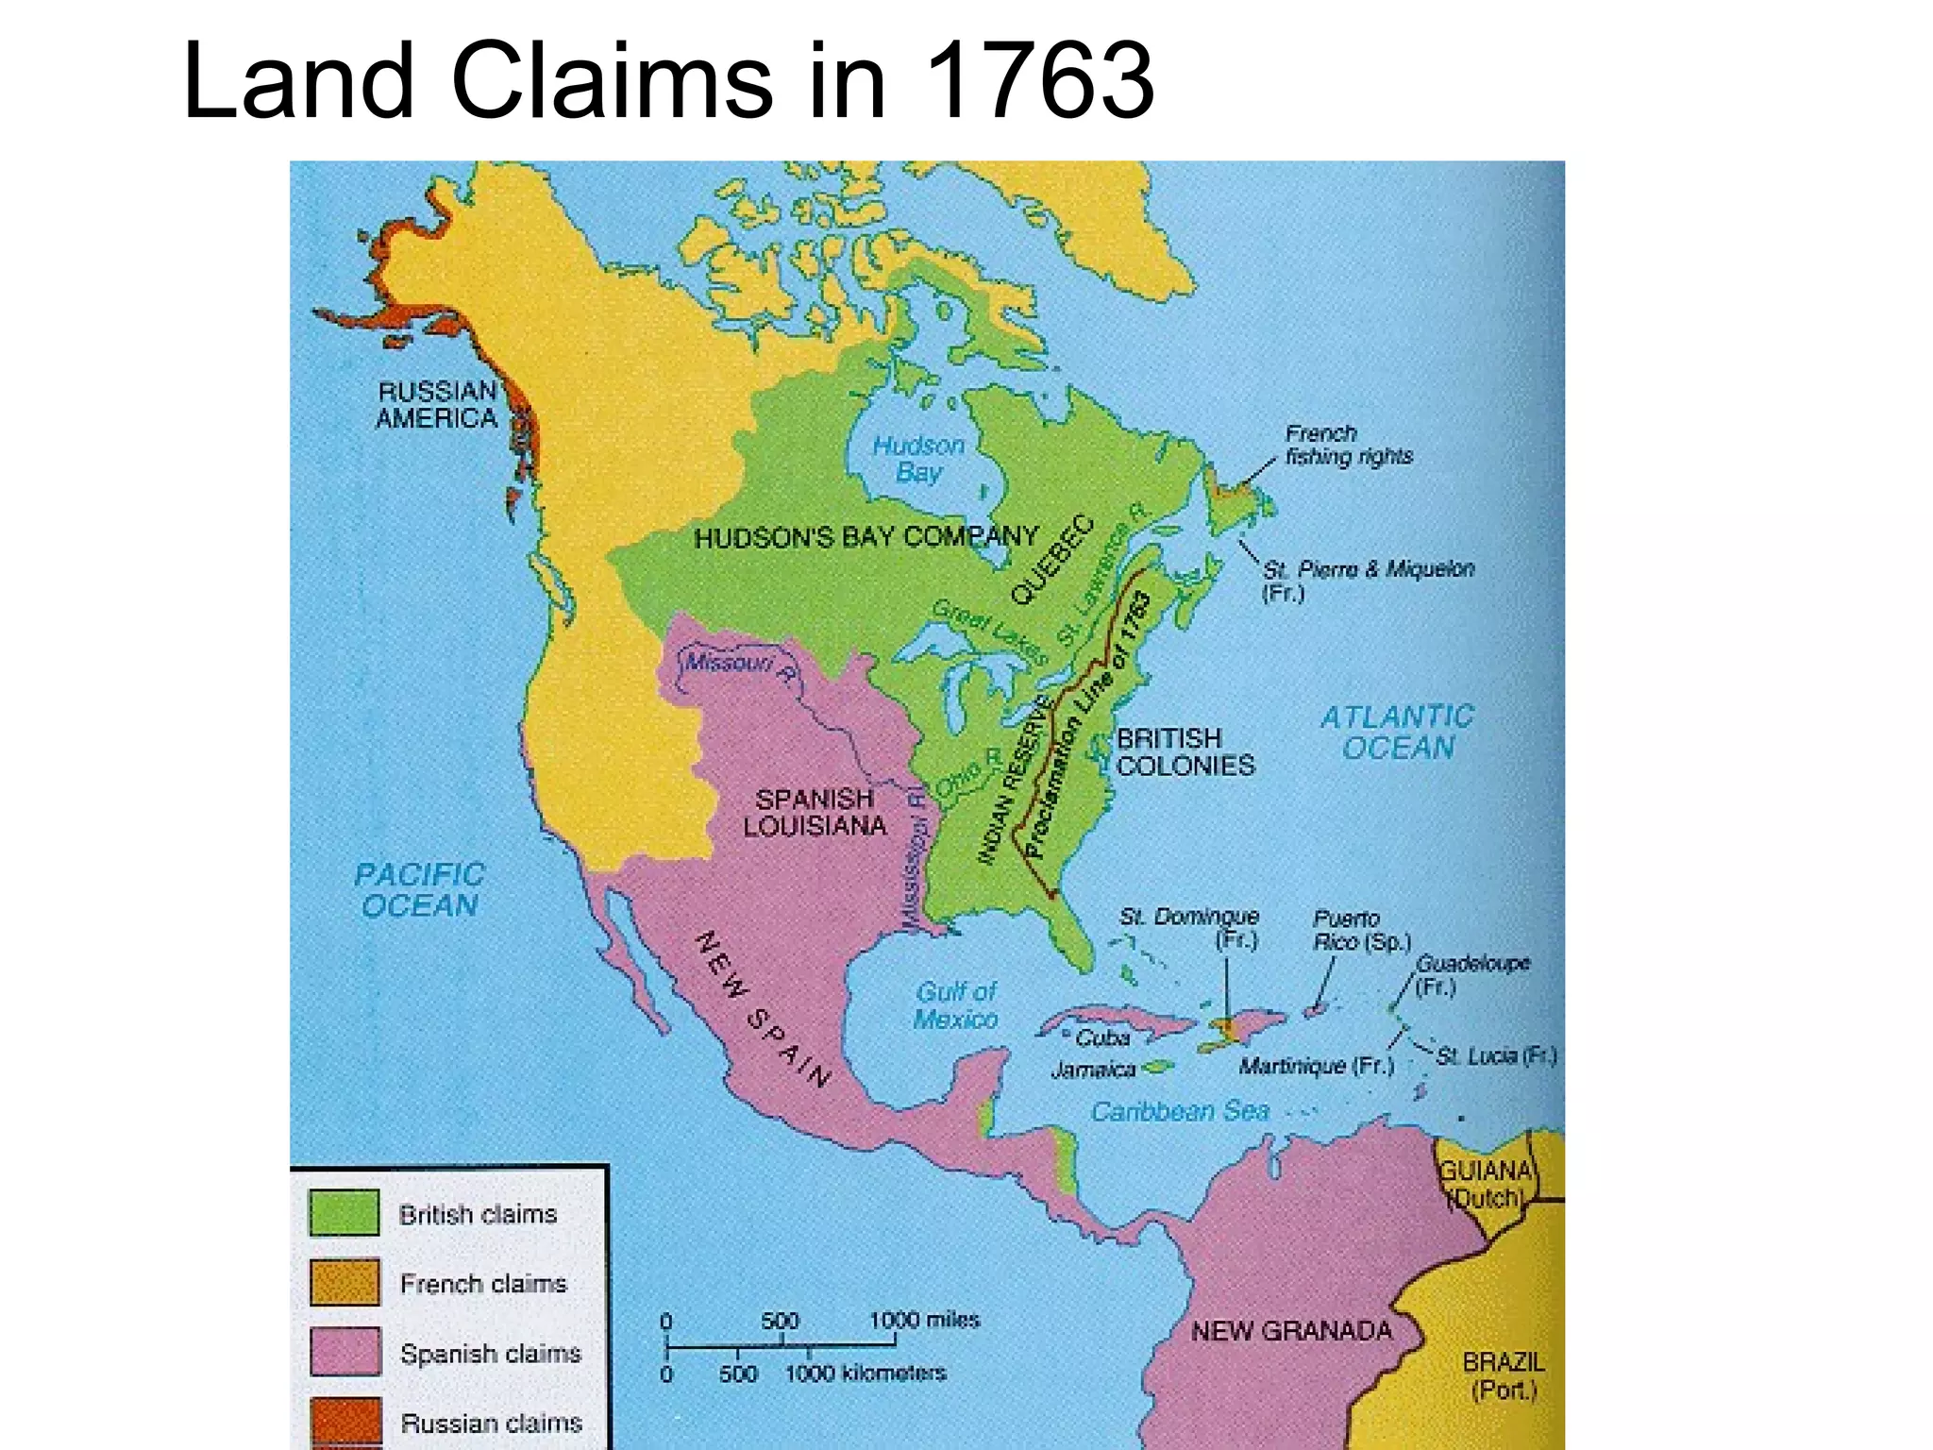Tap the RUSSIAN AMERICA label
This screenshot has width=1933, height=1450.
pos(436,405)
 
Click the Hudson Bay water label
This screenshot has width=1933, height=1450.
pos(918,459)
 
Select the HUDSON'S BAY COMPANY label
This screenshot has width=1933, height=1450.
pos(866,537)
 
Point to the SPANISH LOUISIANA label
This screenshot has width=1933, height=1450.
pos(815,813)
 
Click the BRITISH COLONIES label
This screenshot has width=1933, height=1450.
pos(1185,751)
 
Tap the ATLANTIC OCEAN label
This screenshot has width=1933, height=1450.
pos(1397,733)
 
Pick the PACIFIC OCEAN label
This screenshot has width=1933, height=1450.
pos(419,890)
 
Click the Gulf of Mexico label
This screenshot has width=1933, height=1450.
pos(956,1005)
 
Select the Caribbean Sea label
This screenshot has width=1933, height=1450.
pos(1180,1112)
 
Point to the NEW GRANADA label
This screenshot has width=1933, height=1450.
pos(1291,1331)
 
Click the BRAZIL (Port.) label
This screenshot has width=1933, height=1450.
pos(1504,1375)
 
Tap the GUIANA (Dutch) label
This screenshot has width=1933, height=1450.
pos(1486,1184)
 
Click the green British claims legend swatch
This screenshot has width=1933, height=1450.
pos(345,1213)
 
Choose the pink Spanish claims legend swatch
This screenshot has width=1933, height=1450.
pos(345,1352)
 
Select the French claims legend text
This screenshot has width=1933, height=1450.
pos(483,1284)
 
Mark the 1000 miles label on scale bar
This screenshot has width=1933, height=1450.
pos(924,1320)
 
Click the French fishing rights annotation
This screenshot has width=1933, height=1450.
pos(1348,445)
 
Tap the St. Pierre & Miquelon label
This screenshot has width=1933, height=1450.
pos(1367,580)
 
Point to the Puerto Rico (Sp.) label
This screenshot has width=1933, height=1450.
pos(1361,930)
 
